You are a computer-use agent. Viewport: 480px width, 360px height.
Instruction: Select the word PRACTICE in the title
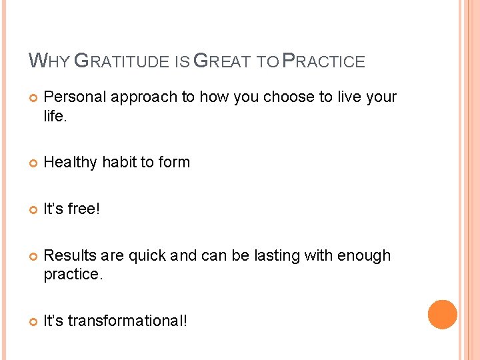(324, 61)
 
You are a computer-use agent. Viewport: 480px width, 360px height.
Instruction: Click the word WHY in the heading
(48, 61)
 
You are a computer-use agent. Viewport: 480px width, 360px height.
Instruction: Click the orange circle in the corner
(443, 314)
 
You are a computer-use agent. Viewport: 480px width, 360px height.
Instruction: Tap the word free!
(83, 209)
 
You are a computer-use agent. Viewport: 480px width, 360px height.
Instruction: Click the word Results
(69, 256)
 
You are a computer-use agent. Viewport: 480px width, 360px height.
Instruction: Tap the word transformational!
(127, 321)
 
